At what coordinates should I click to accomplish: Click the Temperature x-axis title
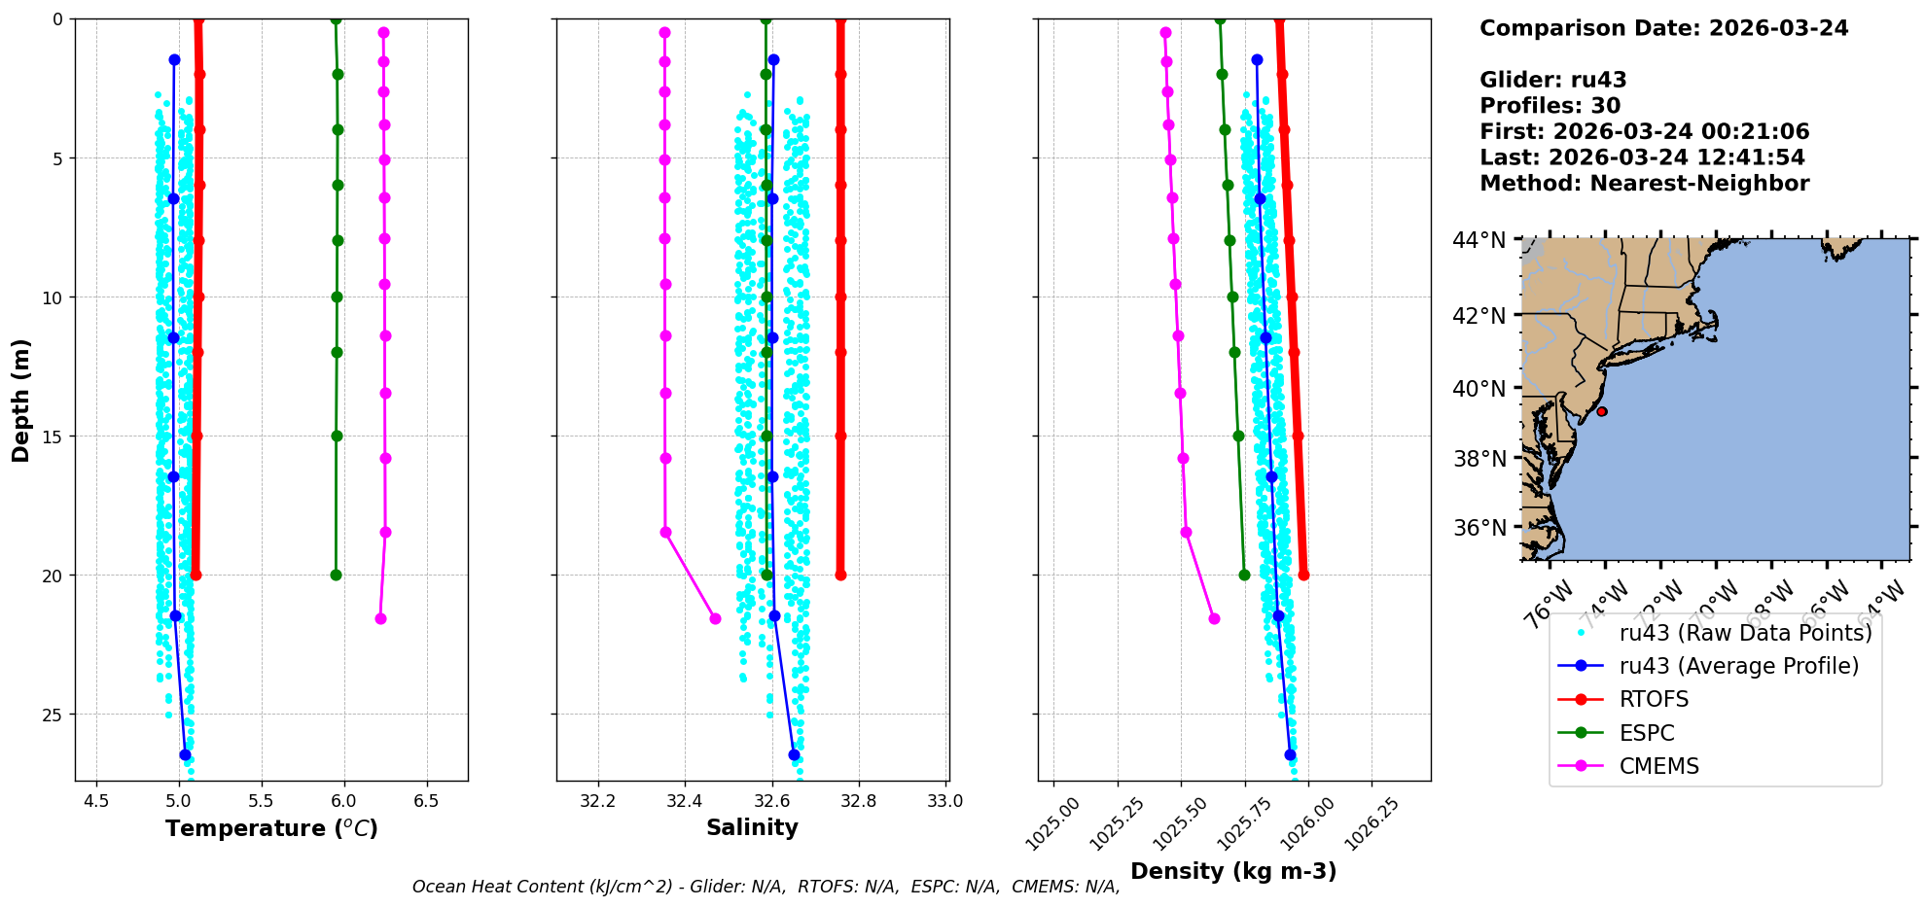271,828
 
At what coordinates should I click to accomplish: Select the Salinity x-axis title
752,827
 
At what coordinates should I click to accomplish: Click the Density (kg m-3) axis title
1233,871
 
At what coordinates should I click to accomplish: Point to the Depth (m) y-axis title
21,400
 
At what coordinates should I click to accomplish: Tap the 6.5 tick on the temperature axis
426,802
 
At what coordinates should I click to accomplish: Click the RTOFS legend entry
1654,700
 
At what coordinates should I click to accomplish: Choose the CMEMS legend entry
1658,766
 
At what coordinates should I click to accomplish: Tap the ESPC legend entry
1647,733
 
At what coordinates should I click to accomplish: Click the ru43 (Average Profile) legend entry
1738,666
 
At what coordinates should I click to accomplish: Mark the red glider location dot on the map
1602,411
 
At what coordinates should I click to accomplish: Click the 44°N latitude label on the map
1479,240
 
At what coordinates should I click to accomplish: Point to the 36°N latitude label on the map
1479,528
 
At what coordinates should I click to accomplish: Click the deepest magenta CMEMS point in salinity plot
715,618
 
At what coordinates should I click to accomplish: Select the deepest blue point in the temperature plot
185,754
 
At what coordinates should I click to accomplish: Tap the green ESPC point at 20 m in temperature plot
336,575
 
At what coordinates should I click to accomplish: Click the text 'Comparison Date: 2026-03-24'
1663,28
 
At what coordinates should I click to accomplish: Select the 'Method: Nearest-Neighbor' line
1644,184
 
